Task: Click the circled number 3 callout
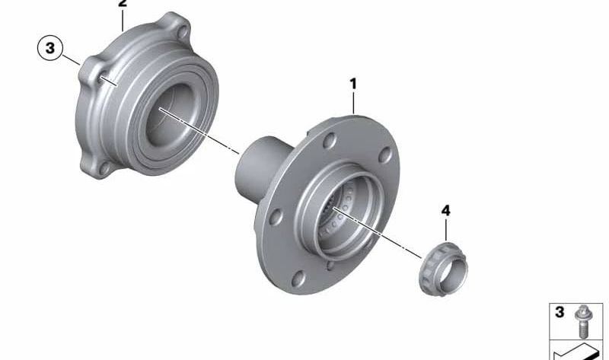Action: [x=50, y=48]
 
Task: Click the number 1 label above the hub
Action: [x=352, y=84]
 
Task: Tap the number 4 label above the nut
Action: [x=445, y=211]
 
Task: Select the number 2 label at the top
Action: [x=123, y=4]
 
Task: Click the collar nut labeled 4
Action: [x=443, y=269]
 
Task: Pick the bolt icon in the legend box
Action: [x=582, y=321]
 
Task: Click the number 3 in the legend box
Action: [x=560, y=312]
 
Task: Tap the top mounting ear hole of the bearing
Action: [x=183, y=32]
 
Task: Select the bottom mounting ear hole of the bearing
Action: [x=104, y=168]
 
